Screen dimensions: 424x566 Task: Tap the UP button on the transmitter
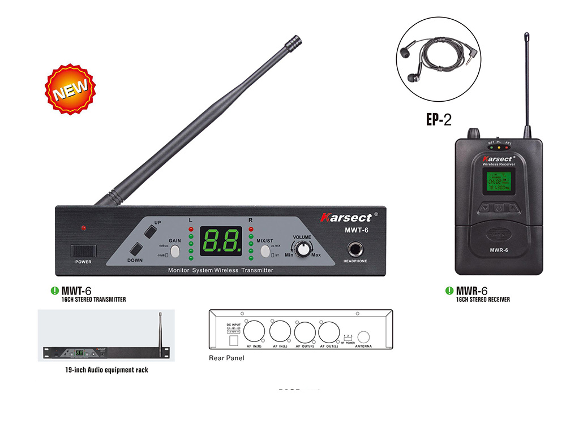point(149,232)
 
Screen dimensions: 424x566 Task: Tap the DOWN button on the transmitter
point(136,249)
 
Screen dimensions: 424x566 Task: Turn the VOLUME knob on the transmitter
point(305,249)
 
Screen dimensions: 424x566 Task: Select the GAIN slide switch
point(175,251)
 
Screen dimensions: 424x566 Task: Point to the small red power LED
point(83,228)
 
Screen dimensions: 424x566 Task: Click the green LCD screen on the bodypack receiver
point(498,181)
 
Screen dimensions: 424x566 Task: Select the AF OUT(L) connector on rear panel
point(329,331)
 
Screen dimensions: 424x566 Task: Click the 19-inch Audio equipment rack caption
point(106,370)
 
